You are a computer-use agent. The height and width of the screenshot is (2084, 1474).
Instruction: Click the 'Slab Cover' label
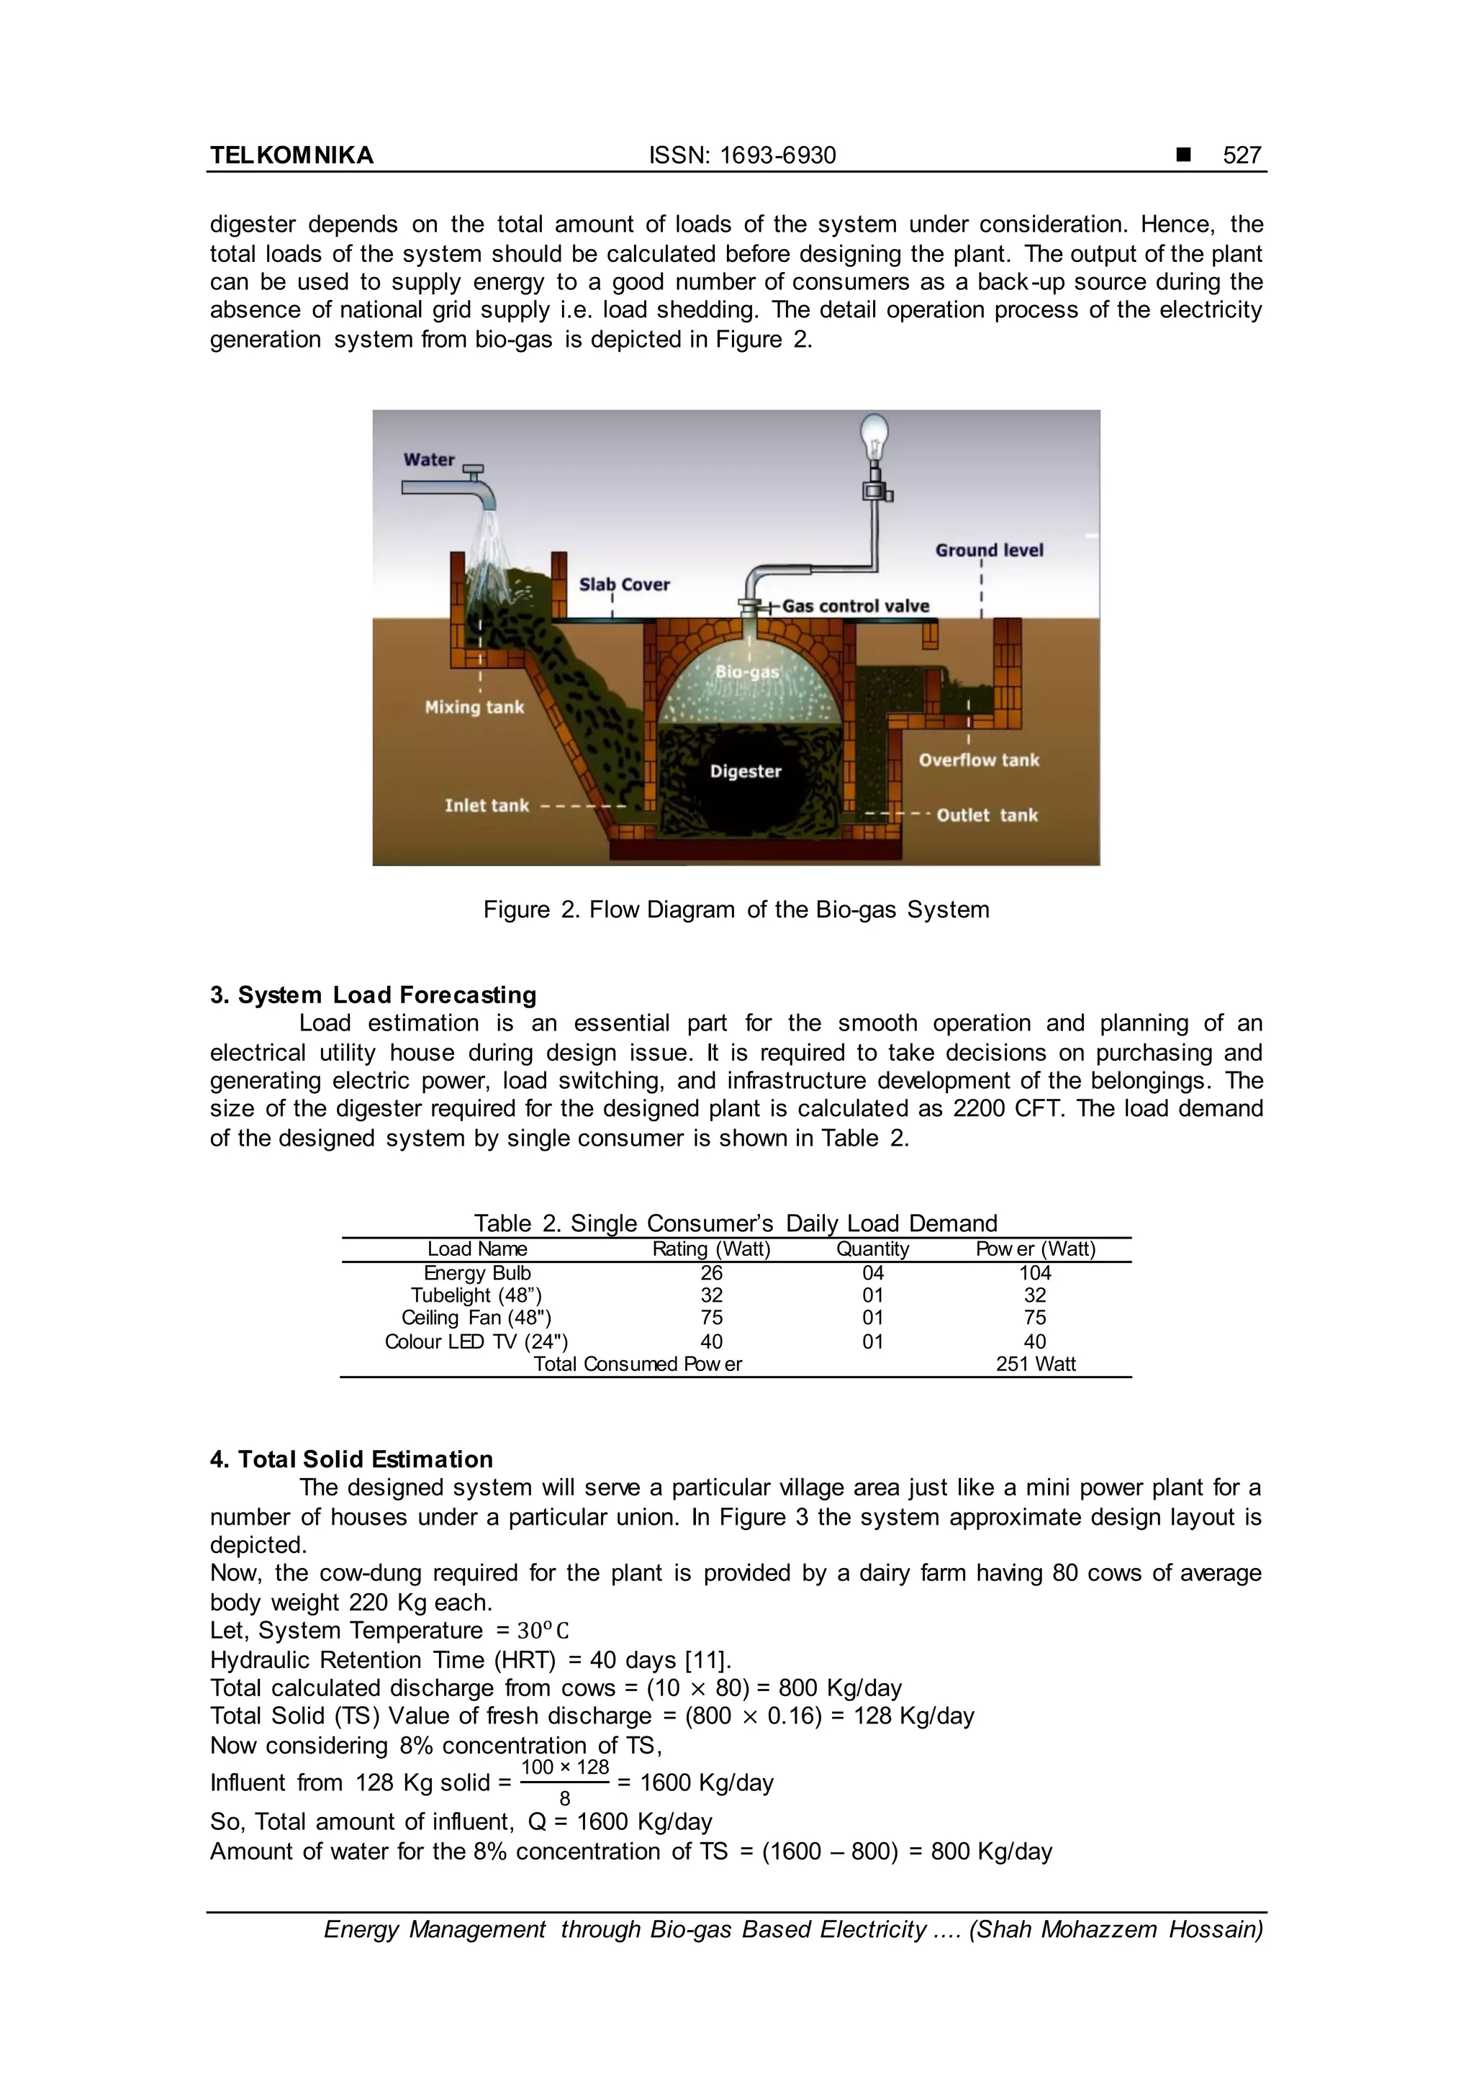(625, 584)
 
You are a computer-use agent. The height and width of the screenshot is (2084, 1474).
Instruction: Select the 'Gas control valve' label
(855, 607)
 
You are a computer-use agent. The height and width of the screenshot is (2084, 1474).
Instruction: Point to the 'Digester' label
(745, 771)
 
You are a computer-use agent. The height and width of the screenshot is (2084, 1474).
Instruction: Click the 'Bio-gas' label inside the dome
(747, 671)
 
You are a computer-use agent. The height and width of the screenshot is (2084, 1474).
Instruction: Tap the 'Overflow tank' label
(978, 761)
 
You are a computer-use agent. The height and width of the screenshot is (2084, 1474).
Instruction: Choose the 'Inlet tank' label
(487, 805)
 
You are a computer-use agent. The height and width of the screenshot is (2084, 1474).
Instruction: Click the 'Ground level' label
(990, 550)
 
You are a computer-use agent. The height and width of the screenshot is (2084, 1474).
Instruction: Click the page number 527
(1242, 155)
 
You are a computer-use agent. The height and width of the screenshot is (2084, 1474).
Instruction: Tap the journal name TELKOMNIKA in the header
(291, 155)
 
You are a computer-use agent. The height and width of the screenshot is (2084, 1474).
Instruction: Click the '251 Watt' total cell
(1035, 1364)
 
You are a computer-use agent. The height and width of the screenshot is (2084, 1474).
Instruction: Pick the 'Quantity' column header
(872, 1249)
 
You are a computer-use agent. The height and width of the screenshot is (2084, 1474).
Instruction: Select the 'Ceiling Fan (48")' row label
(476, 1318)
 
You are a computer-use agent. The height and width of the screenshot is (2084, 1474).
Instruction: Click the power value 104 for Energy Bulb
(1035, 1274)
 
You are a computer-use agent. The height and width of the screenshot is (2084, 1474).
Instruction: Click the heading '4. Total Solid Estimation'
(351, 1459)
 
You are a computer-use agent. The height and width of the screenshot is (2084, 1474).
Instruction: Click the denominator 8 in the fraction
(564, 1798)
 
